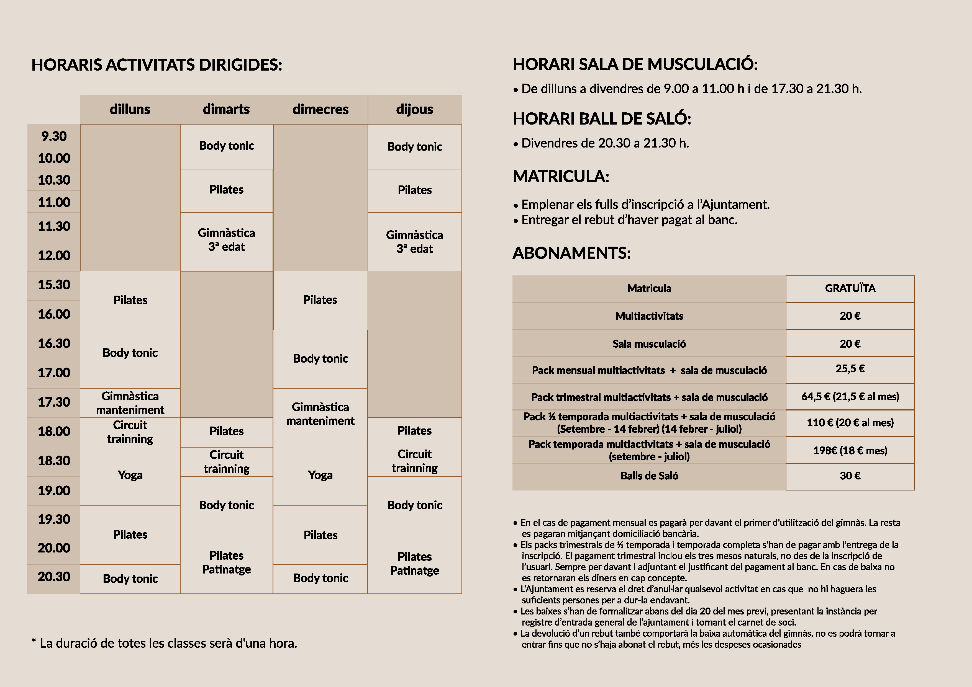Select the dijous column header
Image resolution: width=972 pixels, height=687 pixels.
tap(414, 109)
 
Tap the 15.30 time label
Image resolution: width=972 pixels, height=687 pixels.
tap(54, 285)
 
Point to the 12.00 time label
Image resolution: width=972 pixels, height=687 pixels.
tap(54, 255)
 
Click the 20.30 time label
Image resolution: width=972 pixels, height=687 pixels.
tap(54, 577)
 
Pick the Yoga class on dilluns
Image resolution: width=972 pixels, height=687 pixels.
tap(130, 475)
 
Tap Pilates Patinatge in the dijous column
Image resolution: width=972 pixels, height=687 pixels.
tap(414, 564)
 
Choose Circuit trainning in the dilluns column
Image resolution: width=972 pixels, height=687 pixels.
tap(130, 432)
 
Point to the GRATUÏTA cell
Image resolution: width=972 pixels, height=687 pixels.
tap(850, 288)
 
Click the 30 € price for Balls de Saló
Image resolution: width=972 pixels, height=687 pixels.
tap(850, 476)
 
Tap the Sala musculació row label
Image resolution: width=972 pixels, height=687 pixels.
tap(649, 344)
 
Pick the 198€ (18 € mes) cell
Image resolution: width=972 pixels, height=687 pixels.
tap(850, 451)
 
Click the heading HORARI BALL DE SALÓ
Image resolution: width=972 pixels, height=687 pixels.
tap(602, 119)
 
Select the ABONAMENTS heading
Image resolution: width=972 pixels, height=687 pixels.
tap(571, 253)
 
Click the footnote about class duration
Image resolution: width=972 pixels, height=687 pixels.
tap(164, 644)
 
